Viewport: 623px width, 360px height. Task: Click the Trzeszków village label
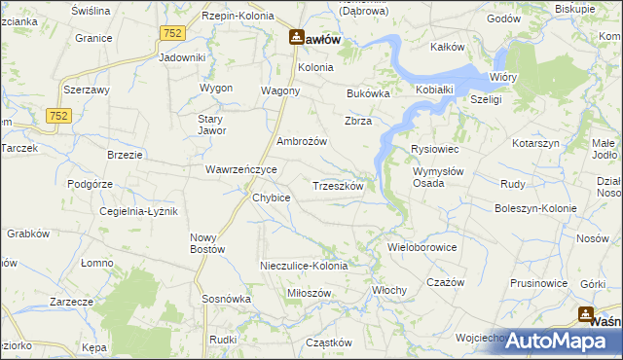click(337, 185)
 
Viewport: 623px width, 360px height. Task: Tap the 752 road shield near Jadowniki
click(173, 33)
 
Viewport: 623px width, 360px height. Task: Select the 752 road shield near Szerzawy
click(57, 115)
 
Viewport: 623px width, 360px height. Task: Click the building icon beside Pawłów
click(296, 38)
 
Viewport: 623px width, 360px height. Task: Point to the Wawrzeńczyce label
click(241, 169)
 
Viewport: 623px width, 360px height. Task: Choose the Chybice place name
click(272, 198)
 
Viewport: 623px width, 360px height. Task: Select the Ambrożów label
click(302, 141)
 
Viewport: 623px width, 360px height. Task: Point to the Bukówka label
click(368, 94)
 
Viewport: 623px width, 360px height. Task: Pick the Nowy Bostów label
click(207, 243)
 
